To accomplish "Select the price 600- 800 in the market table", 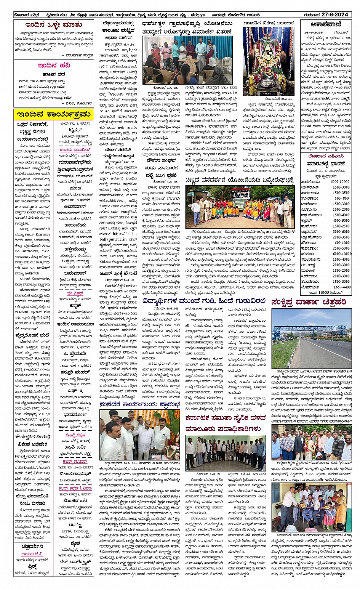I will click(x=341, y=198).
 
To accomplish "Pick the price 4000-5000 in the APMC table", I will click(x=341, y=220).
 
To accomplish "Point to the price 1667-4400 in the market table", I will click(x=342, y=287).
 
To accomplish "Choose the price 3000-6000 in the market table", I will click(x=341, y=231).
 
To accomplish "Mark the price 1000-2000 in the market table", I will click(x=341, y=209).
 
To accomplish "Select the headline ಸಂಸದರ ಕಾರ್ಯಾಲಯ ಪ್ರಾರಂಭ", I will click(x=139, y=404).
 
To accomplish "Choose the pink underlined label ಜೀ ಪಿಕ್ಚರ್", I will click(x=75, y=293).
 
